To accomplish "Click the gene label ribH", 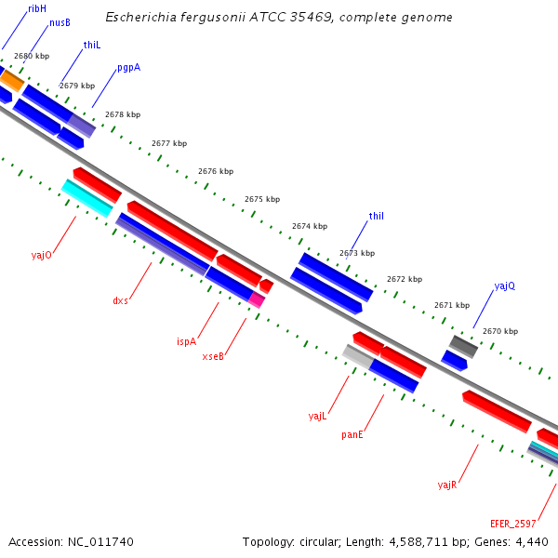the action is [37, 7].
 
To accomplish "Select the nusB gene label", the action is [60, 22].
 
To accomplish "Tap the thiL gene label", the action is [91, 45].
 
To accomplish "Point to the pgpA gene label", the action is [128, 68].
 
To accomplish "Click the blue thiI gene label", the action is [377, 216].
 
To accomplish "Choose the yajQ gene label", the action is [504, 286].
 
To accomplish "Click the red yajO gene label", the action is [41, 254].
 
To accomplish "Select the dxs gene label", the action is [120, 300].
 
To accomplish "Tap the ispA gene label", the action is [187, 341].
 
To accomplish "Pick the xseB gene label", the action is [213, 356].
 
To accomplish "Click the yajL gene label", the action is [317, 416].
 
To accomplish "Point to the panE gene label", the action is [352, 434].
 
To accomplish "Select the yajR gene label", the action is [446, 485].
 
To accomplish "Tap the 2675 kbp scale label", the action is [261, 199].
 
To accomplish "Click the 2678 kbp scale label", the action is [123, 114].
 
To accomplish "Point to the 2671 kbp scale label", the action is [451, 305].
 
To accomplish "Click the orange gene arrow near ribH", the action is [10, 80].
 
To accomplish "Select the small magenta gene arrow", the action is [258, 300].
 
